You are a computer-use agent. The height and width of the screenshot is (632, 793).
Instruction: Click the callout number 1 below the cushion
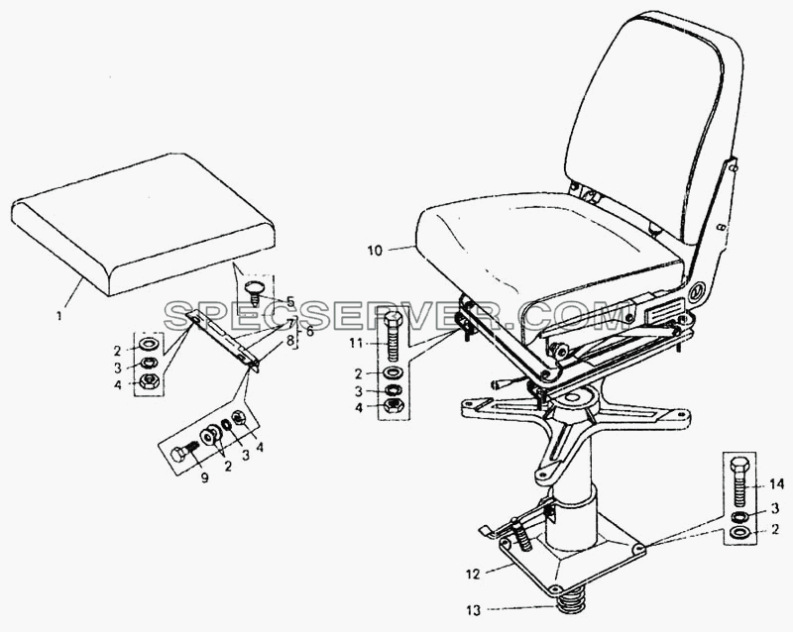tap(59, 317)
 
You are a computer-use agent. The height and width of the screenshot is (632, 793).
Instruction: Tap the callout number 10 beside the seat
tap(376, 250)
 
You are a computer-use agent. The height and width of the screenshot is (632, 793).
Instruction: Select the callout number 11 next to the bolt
tap(356, 344)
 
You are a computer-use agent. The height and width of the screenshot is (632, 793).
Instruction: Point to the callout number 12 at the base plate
tap(472, 575)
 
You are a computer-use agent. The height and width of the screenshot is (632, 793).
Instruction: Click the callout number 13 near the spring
tap(473, 610)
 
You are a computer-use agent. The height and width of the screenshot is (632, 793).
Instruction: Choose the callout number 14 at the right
tap(777, 484)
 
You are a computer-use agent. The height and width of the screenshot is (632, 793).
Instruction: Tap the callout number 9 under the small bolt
tap(204, 477)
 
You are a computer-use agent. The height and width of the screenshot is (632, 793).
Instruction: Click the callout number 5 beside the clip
tap(289, 302)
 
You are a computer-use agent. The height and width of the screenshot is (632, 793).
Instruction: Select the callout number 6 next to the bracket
tap(309, 332)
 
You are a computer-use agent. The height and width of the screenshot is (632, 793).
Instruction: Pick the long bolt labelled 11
tap(394, 336)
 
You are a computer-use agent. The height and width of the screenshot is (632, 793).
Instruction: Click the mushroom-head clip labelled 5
tap(255, 292)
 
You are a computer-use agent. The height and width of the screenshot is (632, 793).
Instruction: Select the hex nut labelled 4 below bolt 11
tap(393, 405)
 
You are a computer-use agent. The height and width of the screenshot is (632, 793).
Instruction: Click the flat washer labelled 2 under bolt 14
tap(741, 532)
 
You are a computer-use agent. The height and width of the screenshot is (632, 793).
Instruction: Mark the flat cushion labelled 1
tap(143, 224)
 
